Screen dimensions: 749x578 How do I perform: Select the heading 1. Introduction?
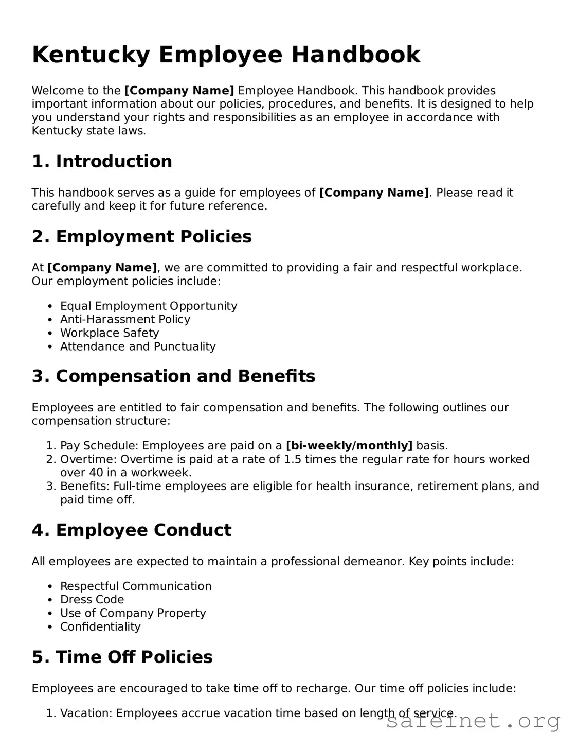click(x=102, y=161)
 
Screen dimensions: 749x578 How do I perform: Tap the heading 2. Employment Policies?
click(x=141, y=236)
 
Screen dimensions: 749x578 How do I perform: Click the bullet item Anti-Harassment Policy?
click(x=125, y=319)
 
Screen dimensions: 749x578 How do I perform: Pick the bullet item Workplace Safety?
click(x=109, y=333)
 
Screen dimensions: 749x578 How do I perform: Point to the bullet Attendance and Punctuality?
click(x=138, y=346)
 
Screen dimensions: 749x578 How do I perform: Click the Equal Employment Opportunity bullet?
click(x=148, y=306)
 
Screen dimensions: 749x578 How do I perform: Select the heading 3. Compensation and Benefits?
click(x=173, y=376)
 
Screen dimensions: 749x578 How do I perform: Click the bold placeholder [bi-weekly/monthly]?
click(x=349, y=445)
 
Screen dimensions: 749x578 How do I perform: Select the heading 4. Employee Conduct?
click(x=132, y=530)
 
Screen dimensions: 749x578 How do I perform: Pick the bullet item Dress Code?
click(x=92, y=599)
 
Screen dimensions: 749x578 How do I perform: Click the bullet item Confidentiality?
click(x=100, y=626)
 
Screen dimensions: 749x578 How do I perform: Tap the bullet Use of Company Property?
click(x=133, y=613)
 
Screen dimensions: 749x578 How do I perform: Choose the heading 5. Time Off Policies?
click(x=122, y=657)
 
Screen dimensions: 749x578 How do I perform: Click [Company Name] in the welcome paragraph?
click(x=179, y=91)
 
